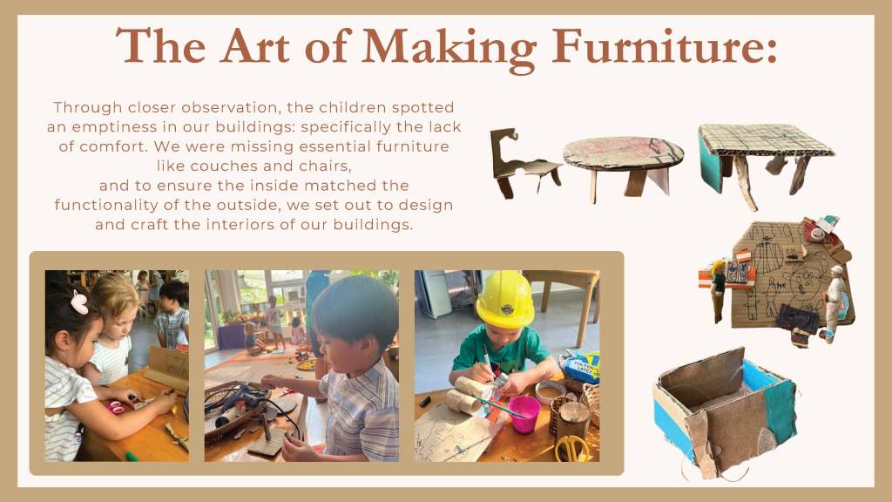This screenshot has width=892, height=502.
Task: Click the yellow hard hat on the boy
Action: (504, 299)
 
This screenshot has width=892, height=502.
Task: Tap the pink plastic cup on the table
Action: (524, 414)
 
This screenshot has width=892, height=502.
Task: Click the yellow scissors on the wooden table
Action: (571, 448)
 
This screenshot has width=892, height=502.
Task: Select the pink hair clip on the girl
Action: (79, 302)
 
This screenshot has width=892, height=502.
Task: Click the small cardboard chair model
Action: (523, 164)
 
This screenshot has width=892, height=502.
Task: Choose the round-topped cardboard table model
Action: (623, 165)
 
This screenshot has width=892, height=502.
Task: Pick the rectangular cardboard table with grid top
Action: (763, 162)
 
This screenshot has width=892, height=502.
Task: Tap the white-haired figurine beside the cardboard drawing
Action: (832, 302)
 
